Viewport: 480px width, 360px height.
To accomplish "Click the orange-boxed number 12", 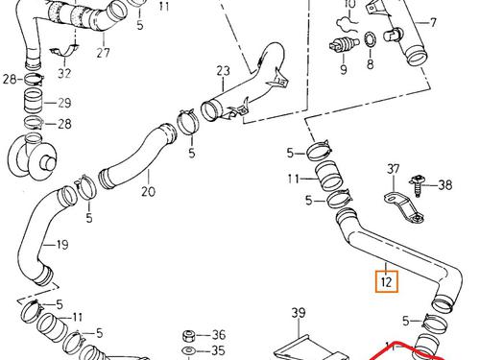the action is (387, 281).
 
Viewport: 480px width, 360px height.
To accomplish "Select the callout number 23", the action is (223, 71).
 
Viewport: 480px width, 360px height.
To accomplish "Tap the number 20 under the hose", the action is (149, 191).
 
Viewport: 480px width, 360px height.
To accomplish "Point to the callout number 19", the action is (62, 245).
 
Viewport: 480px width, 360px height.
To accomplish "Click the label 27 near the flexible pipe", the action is (104, 53).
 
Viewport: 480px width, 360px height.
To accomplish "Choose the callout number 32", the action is (64, 74).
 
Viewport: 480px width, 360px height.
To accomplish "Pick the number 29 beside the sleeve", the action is (64, 103).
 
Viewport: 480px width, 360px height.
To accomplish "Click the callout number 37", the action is (394, 169).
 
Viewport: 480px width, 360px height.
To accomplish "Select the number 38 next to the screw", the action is (445, 185).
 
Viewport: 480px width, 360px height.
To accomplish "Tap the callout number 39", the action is (299, 313).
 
